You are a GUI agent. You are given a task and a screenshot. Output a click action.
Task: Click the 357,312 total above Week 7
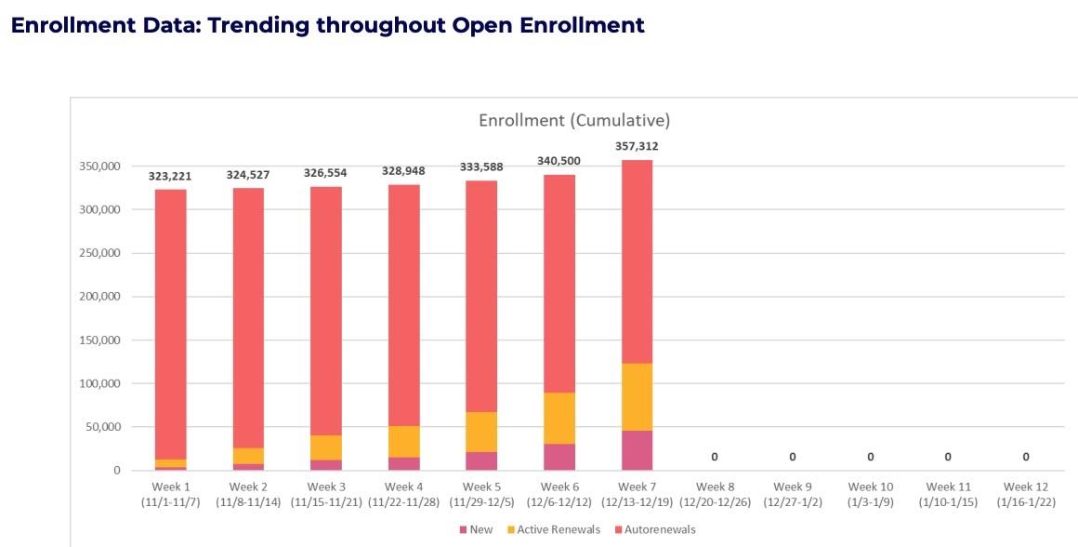pyautogui.click(x=637, y=146)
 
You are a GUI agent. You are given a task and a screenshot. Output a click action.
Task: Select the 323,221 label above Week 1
pyautogui.click(x=171, y=175)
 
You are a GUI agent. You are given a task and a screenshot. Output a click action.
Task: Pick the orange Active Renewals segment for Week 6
pyautogui.click(x=559, y=419)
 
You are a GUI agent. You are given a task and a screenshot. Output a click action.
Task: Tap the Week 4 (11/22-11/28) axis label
pyautogui.click(x=404, y=494)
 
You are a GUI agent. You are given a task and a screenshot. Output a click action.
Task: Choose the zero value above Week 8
pyautogui.click(x=715, y=457)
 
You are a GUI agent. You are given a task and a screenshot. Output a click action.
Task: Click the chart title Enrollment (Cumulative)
pyautogui.click(x=574, y=121)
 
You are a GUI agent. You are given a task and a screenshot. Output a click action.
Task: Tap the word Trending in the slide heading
pyautogui.click(x=256, y=25)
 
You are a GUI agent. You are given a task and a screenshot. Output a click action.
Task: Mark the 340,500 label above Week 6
pyautogui.click(x=559, y=161)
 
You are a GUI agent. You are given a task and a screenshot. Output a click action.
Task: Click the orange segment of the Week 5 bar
pyautogui.click(x=481, y=432)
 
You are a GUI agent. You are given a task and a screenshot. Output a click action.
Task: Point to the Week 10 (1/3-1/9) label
pyautogui.click(x=870, y=494)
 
